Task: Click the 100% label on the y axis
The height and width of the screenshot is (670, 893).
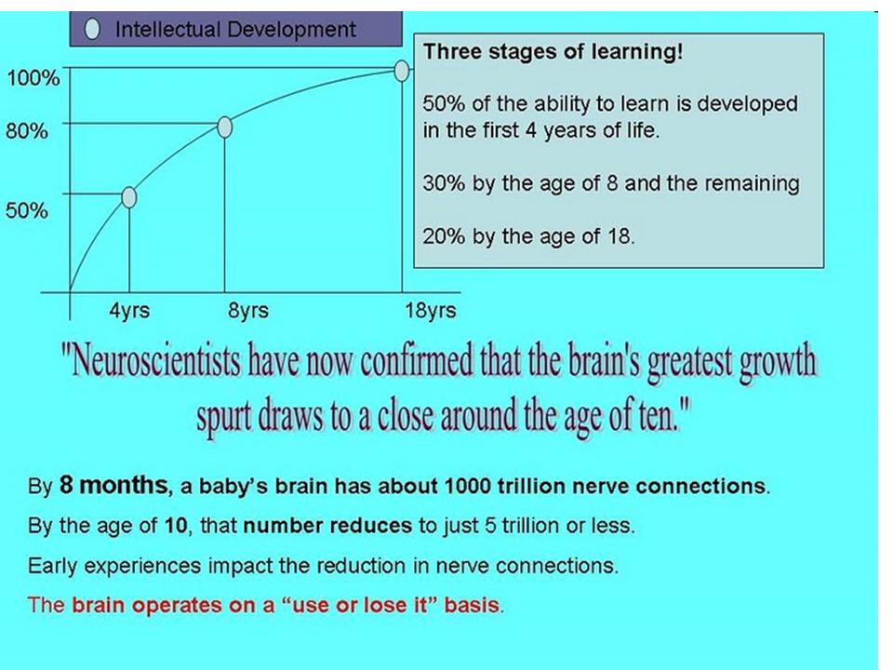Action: click(33, 78)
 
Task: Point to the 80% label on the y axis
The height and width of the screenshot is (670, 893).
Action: click(27, 131)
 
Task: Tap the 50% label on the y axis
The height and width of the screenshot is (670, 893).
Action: click(27, 210)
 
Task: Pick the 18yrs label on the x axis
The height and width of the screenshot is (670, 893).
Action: click(431, 311)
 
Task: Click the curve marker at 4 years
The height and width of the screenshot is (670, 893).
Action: click(129, 197)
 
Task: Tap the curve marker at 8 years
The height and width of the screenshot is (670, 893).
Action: click(224, 127)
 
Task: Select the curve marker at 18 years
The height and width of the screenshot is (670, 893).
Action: click(402, 70)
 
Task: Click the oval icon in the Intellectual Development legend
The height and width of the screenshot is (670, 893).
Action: click(92, 30)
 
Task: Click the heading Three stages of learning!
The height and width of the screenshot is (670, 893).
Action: click(553, 52)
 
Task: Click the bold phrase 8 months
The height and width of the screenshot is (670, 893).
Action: click(113, 485)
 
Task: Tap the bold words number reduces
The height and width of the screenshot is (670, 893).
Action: click(327, 526)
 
